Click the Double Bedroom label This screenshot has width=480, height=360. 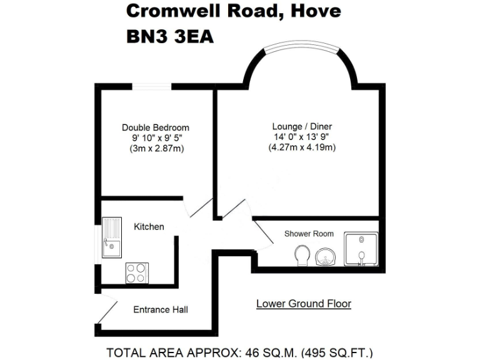155,127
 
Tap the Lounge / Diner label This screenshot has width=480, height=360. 302,126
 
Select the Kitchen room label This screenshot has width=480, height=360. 149,226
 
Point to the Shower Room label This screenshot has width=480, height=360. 309,234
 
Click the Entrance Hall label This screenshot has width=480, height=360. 161,309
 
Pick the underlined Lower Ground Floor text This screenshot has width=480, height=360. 304,304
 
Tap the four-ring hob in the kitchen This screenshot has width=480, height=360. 137,272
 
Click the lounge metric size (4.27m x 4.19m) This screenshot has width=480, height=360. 302,147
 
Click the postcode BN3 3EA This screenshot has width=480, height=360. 170,37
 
